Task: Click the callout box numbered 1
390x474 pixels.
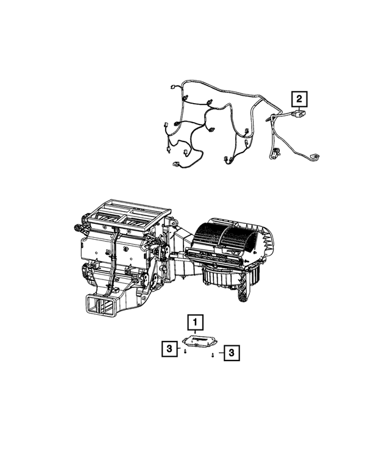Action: tap(195, 321)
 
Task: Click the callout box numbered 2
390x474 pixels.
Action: tap(299, 98)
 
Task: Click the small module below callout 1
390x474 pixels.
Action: tap(199, 340)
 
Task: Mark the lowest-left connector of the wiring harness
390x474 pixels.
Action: tap(177, 164)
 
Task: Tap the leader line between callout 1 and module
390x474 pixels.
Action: tap(196, 331)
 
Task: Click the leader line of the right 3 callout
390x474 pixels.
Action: tap(219, 353)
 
